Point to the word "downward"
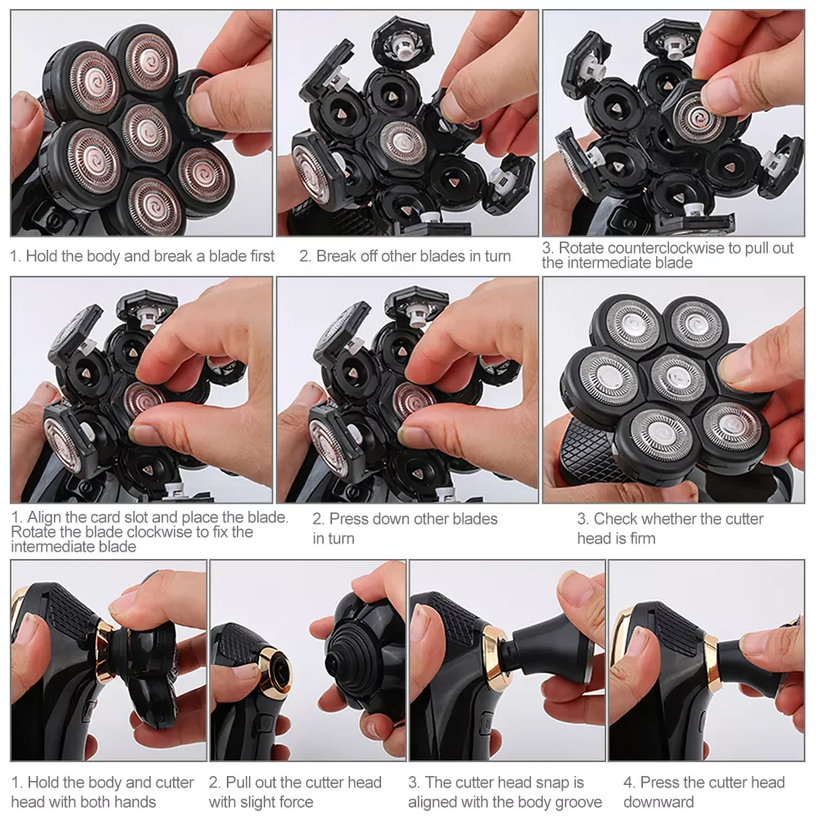(x=659, y=802)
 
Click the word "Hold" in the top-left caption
(x=41, y=256)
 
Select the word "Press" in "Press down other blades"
(x=349, y=519)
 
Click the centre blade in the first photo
(x=146, y=132)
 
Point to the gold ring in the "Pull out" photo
(x=277, y=671)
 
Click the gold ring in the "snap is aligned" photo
(x=495, y=657)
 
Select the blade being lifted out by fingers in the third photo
(x=696, y=117)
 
